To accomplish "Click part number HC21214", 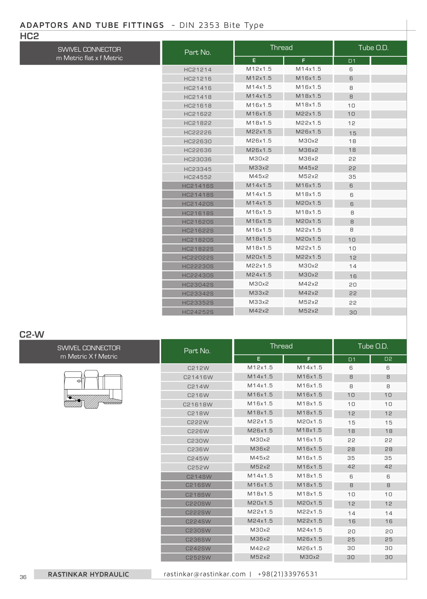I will pyautogui.click(x=198, y=70).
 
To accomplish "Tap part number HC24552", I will pyautogui.click(x=198, y=177).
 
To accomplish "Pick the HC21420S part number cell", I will pyautogui.click(x=198, y=204).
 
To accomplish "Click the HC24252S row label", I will pyautogui.click(x=198, y=312).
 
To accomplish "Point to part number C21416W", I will pyautogui.click(x=198, y=377).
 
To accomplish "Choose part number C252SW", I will pyautogui.click(x=198, y=558).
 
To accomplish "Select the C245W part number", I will pyautogui.click(x=198, y=459).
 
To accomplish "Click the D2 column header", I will pyautogui.click(x=388, y=359).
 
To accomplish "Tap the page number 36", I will pyautogui.click(x=23, y=577).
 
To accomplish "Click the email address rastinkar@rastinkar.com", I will pyautogui.click(x=205, y=574).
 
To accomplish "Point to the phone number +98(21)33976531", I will pyautogui.click(x=288, y=574).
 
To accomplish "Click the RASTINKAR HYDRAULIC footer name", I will pyautogui.click(x=88, y=575).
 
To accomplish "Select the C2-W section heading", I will pyautogui.click(x=32, y=335).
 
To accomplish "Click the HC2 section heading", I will pyautogui.click(x=29, y=36).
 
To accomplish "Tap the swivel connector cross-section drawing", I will pyautogui.click(x=93, y=389).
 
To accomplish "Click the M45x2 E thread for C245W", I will pyautogui.click(x=260, y=458).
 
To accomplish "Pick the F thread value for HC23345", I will pyautogui.click(x=308, y=168).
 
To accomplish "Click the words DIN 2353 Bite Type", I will pyautogui.click(x=221, y=25).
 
